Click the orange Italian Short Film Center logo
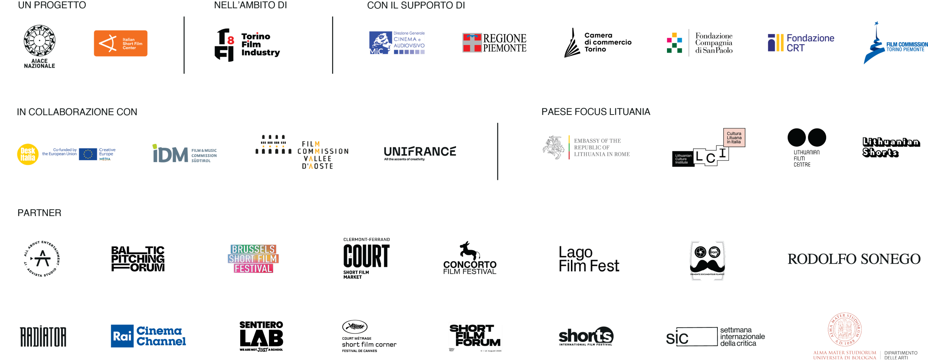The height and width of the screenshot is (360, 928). click(x=120, y=43)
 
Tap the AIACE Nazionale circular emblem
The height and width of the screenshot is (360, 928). click(x=40, y=41)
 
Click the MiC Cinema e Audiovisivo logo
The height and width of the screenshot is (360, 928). click(x=397, y=43)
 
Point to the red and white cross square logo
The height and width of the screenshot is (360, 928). click(x=472, y=42)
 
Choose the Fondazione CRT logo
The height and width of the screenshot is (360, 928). click(x=801, y=43)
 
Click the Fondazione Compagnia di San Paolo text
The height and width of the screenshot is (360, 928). click(x=713, y=43)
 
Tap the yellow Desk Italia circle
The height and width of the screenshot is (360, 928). click(x=28, y=154)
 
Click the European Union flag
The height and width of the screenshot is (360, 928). click(x=88, y=154)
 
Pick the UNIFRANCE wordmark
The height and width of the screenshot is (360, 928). click(x=419, y=152)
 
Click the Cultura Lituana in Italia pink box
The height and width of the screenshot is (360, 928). click(x=734, y=138)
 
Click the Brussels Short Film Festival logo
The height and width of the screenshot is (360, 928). click(x=253, y=258)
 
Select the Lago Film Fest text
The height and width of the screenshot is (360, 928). click(x=588, y=259)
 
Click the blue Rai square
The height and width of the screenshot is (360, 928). click(x=122, y=336)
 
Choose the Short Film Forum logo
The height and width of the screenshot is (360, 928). click(x=475, y=336)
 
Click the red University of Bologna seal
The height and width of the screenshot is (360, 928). click(x=844, y=330)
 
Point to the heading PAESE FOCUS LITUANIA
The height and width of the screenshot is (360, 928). click(x=596, y=112)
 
